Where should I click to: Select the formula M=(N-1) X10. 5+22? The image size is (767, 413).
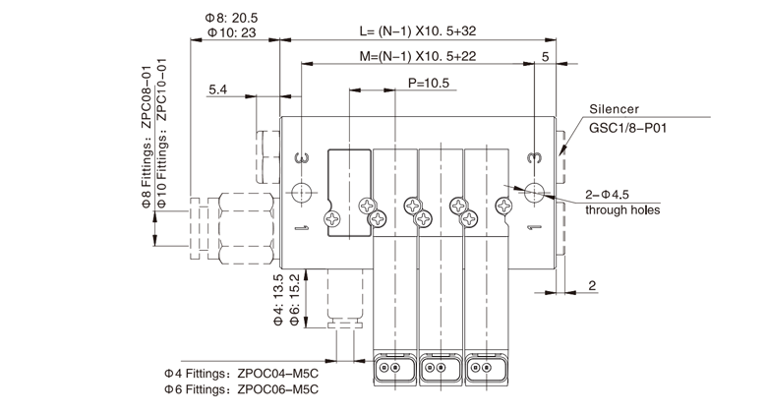tap(419, 56)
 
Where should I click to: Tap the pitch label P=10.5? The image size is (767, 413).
tap(428, 84)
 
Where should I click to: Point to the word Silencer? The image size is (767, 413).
tap(615, 109)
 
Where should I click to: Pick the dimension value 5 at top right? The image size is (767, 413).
tap(546, 56)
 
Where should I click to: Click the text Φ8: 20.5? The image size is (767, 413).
tap(231, 18)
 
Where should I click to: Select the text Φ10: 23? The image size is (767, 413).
tap(232, 32)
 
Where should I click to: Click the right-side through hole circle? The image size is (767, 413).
tap(534, 191)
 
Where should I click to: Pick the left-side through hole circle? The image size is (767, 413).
tap(303, 191)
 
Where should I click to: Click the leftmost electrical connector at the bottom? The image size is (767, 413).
tap(393, 369)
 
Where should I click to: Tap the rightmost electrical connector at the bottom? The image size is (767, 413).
tap(485, 369)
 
